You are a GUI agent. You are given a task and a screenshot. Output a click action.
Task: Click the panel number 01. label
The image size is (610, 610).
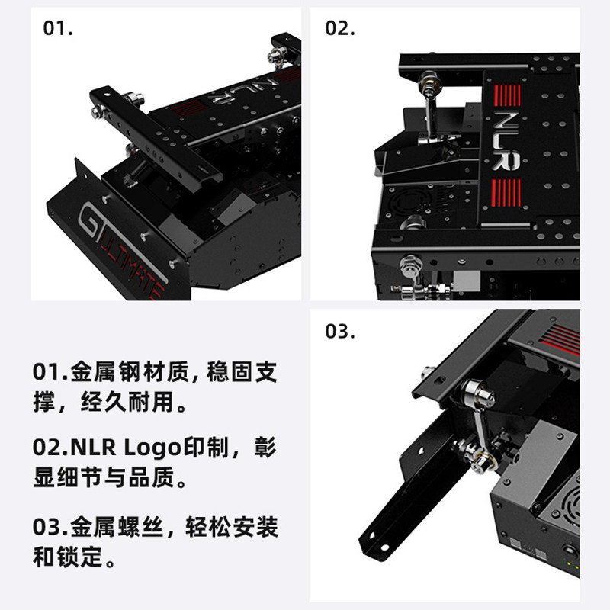coord(58,28)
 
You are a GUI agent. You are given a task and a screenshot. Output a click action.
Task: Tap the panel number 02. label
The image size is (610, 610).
coord(339,28)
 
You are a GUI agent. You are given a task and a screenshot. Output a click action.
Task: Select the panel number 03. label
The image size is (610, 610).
coord(339,331)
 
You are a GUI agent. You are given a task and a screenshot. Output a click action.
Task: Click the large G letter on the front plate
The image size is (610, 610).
coord(88,220)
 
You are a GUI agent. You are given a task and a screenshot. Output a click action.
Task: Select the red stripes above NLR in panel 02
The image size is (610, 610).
coord(507,95)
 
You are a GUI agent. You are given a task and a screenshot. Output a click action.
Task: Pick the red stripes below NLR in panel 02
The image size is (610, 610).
coord(506,192)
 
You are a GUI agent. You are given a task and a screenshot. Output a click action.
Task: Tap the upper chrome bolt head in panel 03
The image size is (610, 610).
coord(480,393)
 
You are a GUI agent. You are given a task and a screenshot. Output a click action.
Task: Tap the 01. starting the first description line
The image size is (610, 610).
coord(50,371)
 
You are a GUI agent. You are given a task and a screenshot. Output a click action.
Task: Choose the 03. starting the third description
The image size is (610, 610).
coord(50,527)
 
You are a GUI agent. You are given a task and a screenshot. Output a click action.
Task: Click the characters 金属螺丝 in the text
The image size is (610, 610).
coord(117,527)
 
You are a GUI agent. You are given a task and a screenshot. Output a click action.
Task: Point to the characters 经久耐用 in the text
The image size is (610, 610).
coord(127,402)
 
